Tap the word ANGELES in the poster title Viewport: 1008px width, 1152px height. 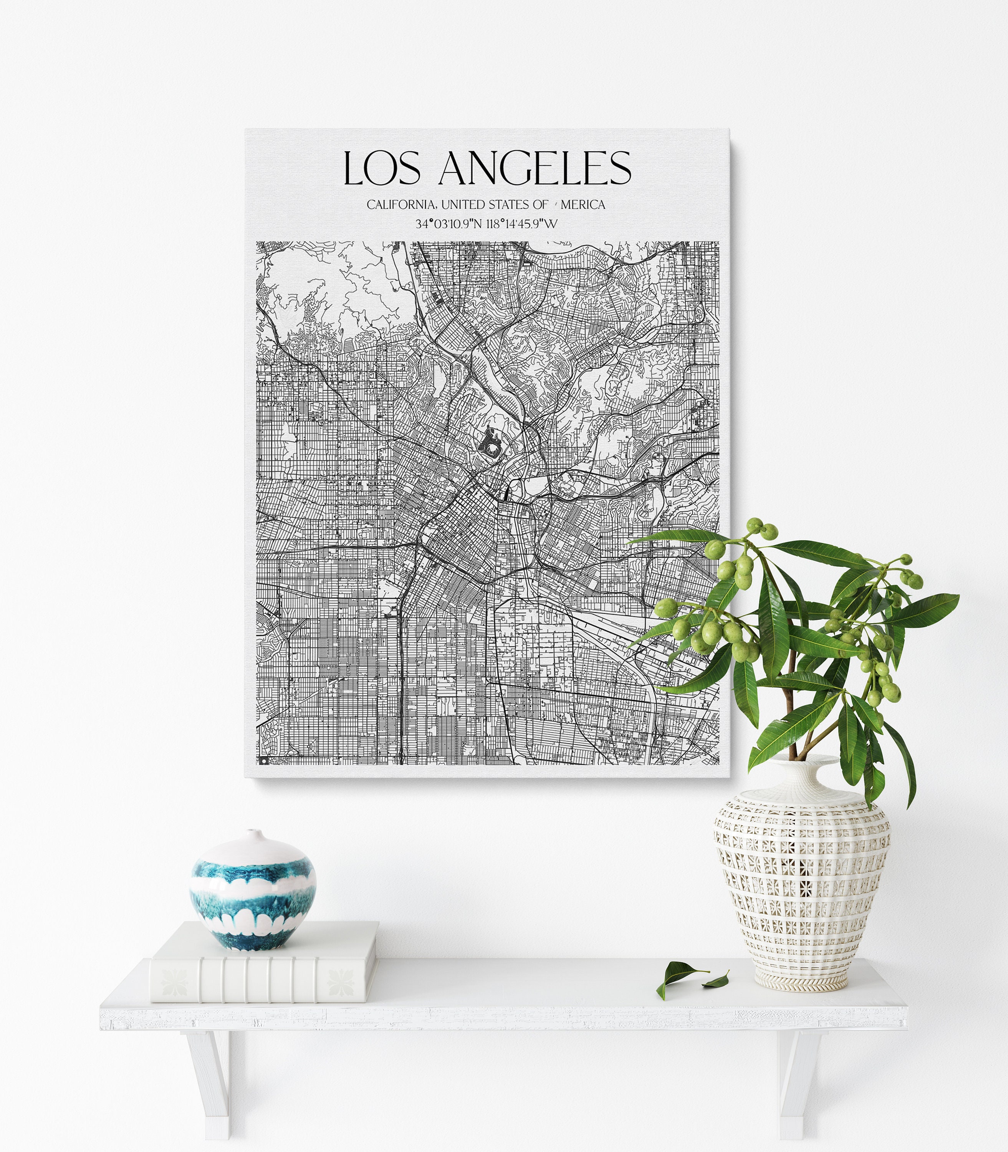click(535, 168)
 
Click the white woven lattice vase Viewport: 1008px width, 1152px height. click(801, 889)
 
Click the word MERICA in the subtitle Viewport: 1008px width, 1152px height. click(583, 205)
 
